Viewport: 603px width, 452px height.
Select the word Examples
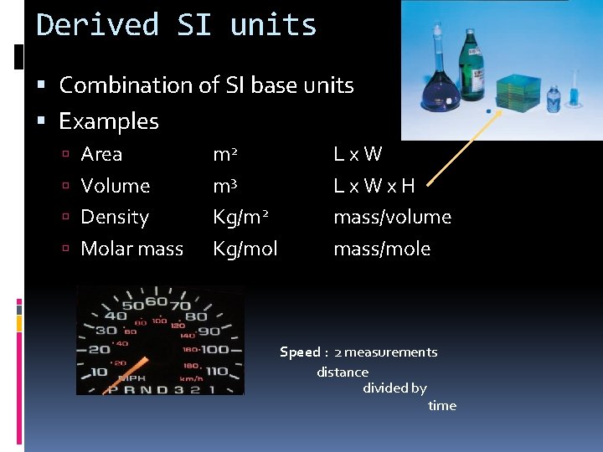109,121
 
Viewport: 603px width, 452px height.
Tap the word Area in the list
101,154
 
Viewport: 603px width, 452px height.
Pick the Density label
115,218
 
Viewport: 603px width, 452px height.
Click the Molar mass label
131,249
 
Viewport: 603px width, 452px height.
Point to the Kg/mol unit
245,249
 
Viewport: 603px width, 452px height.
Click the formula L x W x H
374,186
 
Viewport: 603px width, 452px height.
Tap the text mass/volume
392,218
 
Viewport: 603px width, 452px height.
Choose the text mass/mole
382,249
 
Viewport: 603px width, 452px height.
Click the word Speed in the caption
299,352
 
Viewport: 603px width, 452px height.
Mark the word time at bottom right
442,406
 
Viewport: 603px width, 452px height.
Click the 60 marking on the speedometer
157,301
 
